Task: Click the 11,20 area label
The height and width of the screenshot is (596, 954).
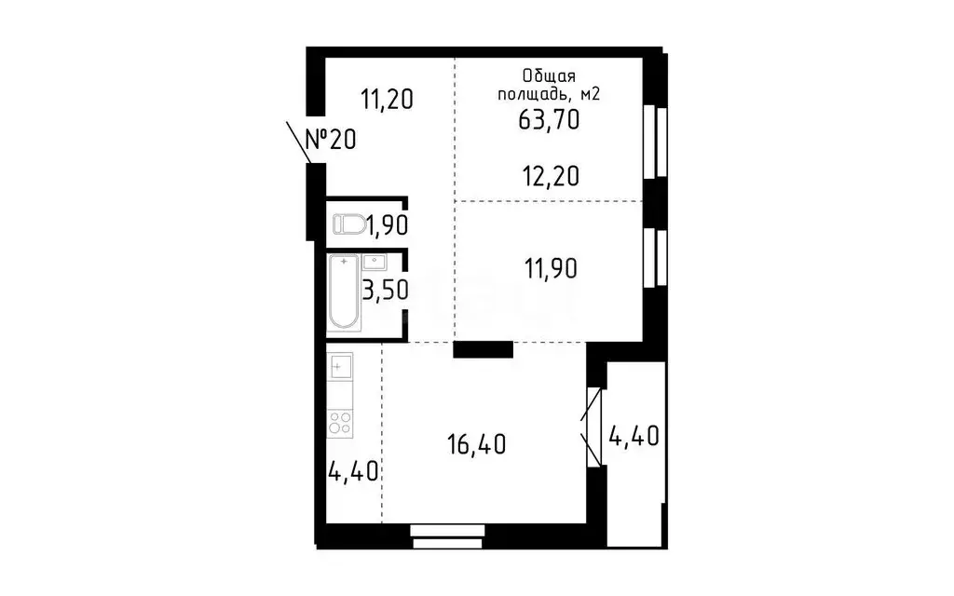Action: (386, 98)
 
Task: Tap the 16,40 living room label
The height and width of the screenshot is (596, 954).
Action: (475, 444)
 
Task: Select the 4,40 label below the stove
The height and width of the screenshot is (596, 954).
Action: (352, 471)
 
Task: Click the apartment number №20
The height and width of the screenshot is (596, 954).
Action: (331, 140)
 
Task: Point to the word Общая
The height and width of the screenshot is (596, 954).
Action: (549, 75)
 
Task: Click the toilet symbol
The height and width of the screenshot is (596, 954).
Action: (350, 224)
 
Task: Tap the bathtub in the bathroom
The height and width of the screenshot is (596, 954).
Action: (343, 294)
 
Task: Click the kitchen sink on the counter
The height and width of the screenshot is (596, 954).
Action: (340, 365)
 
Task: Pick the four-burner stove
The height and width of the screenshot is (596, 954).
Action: (340, 423)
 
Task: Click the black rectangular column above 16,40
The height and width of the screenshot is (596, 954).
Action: (483, 349)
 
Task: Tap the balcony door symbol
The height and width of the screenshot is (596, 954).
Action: (593, 426)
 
